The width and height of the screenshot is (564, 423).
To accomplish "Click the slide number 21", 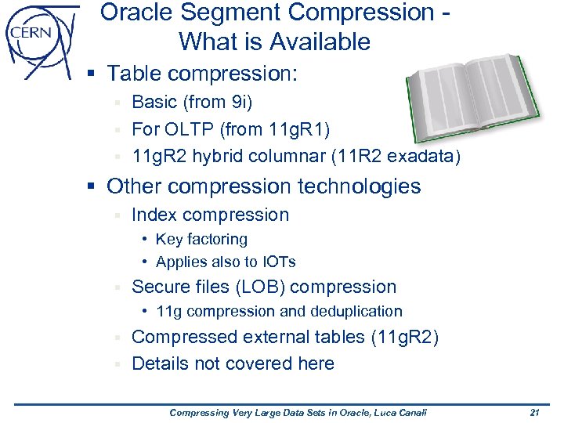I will point(535,412).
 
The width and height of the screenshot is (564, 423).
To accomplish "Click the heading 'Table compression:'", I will point(203,74).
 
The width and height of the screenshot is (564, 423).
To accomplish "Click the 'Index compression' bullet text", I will point(210,215).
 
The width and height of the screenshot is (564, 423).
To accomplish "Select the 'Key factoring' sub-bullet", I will point(201,239).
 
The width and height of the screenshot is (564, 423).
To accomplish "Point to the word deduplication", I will point(356,311).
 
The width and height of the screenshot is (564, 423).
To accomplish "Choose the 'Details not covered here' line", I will point(233,363).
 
